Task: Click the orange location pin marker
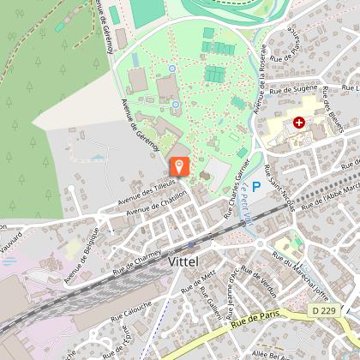(180, 167)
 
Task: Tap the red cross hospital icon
(299, 123)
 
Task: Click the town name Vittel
(188, 260)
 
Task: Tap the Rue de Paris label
(258, 323)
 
